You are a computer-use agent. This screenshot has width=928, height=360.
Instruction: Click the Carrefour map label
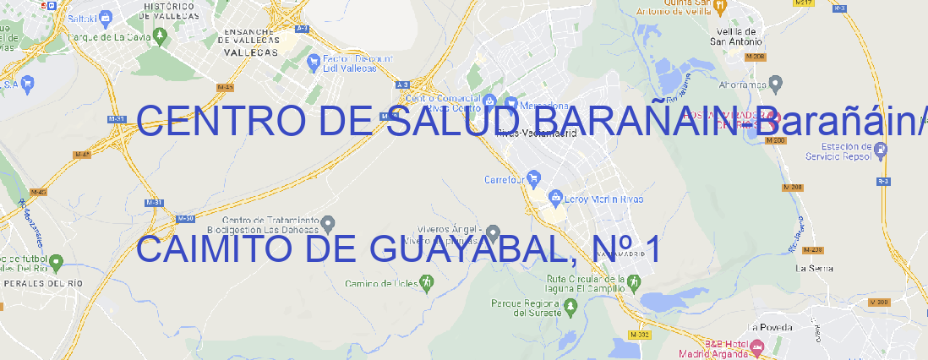[x=505, y=179]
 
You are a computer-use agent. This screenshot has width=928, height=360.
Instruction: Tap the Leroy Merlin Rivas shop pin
[x=555, y=199]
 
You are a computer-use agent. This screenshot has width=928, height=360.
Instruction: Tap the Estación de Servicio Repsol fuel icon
[x=881, y=150]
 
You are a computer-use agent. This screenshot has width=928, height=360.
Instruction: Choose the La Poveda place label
[x=768, y=327]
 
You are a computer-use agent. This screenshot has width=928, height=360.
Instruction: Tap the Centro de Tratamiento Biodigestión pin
[x=330, y=223]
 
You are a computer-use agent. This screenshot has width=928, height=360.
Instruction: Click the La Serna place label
[x=815, y=268]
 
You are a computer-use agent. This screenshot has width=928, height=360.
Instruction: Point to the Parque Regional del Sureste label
[x=526, y=307]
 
